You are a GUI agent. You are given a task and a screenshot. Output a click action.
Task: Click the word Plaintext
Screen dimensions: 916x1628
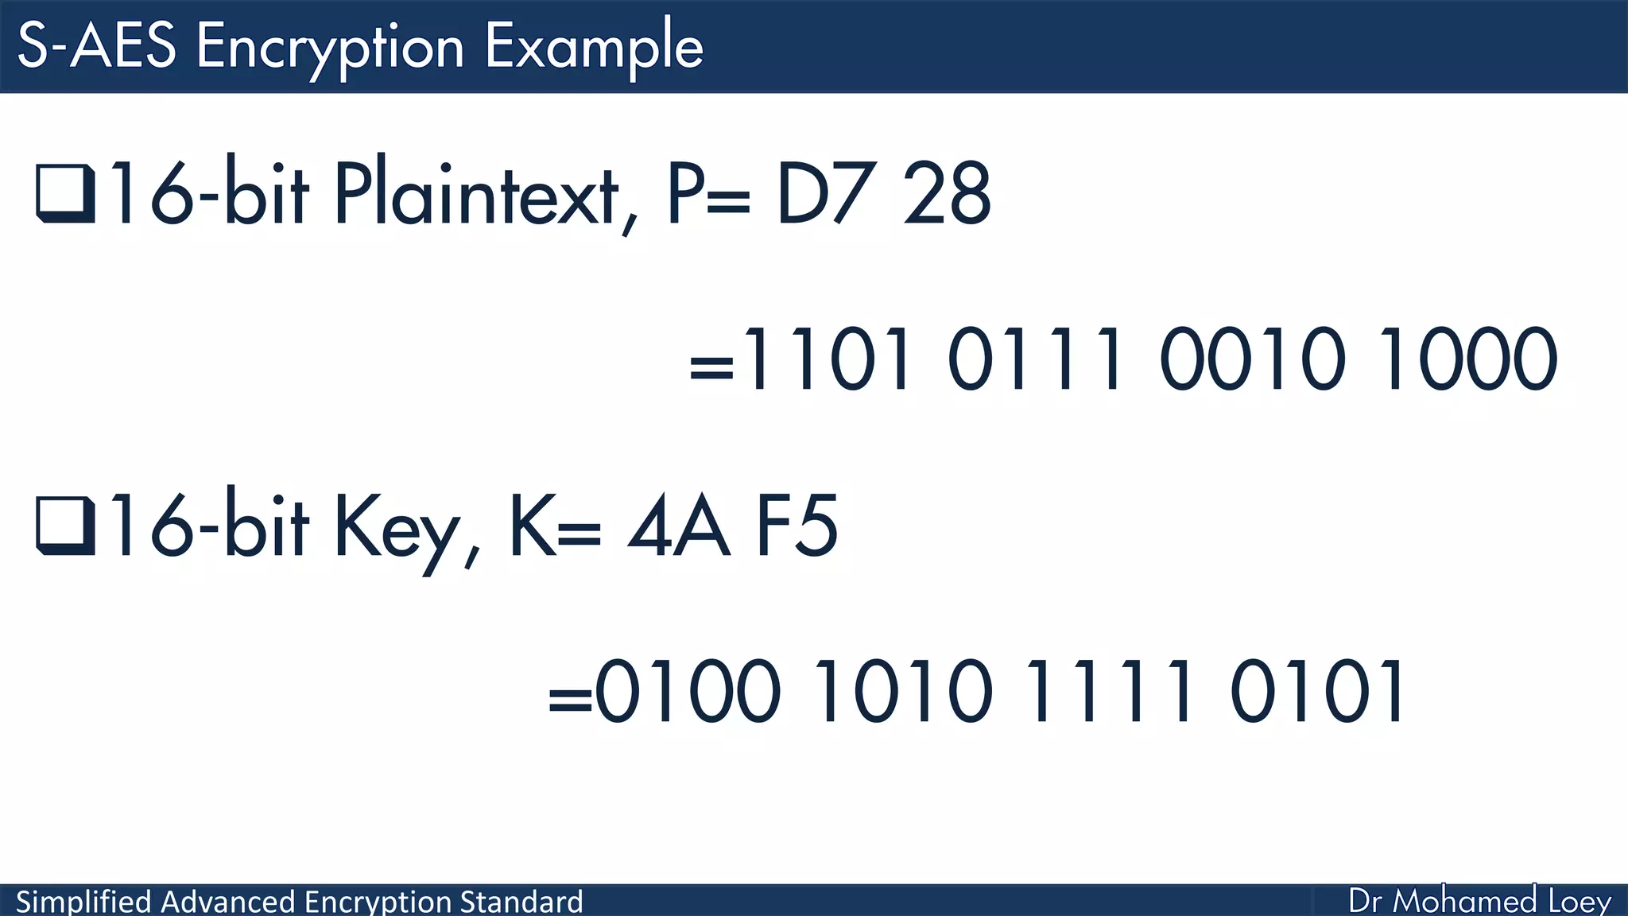[x=475, y=193]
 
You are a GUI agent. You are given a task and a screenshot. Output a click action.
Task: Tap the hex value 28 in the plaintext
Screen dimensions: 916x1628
[x=947, y=193]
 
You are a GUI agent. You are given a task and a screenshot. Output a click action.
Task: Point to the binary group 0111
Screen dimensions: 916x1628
[x=1037, y=360]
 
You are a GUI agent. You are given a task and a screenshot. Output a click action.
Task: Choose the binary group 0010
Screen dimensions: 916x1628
[x=1253, y=360]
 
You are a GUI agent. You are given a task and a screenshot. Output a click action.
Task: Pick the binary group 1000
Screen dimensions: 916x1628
[x=1467, y=360]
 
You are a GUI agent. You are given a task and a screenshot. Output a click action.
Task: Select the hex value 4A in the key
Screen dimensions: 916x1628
[x=678, y=526]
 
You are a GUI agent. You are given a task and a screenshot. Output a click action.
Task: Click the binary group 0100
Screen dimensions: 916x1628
[x=688, y=691]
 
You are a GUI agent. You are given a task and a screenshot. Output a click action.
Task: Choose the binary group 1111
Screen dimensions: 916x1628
[x=1110, y=691]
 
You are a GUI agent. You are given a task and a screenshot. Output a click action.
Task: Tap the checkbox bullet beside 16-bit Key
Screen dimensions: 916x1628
[x=65, y=527]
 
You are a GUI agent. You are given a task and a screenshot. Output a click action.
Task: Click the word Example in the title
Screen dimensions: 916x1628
[x=594, y=46]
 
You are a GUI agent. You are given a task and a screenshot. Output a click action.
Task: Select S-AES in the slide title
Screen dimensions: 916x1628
[x=96, y=46]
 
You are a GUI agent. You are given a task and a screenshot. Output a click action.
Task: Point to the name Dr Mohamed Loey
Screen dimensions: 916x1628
[x=1479, y=901]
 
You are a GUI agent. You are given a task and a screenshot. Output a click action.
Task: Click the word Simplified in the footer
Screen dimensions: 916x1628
[x=83, y=902]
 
